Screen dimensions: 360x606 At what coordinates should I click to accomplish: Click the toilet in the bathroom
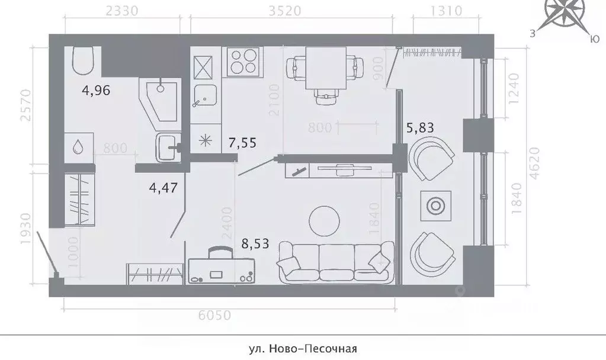point(84,60)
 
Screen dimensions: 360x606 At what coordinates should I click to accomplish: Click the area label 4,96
point(96,91)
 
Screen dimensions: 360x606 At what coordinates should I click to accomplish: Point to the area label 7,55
point(242,142)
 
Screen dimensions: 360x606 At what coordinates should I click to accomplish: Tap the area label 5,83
point(419,127)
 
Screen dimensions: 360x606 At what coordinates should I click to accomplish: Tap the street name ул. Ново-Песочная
point(302,349)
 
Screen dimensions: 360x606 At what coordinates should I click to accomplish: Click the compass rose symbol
point(565,13)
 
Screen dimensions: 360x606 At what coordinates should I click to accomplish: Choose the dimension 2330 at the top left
point(121,11)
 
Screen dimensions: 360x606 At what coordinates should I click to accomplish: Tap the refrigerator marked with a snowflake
point(206,140)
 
